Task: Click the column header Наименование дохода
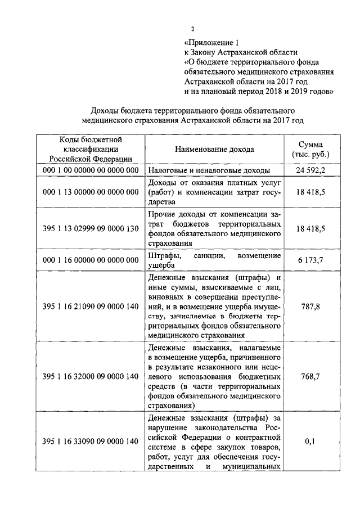tap(214, 150)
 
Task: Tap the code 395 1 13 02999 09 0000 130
tap(91, 229)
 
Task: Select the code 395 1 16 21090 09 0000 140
tap(91, 307)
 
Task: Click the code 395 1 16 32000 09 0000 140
tap(91, 377)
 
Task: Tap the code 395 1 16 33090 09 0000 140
tap(91, 442)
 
